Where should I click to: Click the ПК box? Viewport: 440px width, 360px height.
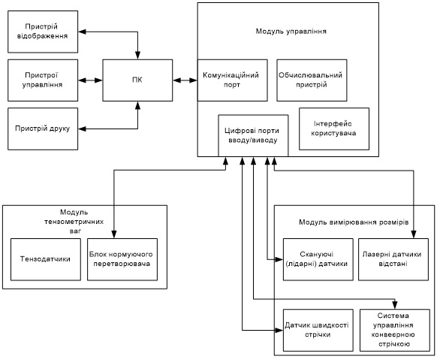(137, 80)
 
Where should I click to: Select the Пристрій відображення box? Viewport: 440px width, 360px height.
(43, 32)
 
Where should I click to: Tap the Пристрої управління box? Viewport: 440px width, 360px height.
(43, 80)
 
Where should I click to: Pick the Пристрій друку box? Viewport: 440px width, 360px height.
(43, 129)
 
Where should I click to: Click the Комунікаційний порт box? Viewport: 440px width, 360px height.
(232, 80)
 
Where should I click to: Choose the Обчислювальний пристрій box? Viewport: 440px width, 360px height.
(312, 80)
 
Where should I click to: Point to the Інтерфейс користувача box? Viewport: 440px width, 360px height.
(334, 129)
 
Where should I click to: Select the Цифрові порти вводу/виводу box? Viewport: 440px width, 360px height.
(253, 135)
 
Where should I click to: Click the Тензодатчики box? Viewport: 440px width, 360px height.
(46, 259)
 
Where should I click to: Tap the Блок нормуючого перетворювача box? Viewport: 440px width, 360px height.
(122, 259)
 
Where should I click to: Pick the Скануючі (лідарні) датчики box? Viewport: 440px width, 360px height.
(318, 259)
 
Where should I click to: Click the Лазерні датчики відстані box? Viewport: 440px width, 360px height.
(393, 259)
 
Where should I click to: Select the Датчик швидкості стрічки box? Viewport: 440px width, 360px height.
(318, 330)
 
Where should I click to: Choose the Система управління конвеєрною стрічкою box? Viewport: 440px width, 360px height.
(395, 330)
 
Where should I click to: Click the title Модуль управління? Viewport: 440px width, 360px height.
(291, 31)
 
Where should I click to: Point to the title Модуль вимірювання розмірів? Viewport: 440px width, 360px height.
(354, 222)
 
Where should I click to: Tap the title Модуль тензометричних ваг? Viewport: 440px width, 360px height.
(74, 222)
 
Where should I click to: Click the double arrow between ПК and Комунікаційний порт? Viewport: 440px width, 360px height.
(185, 80)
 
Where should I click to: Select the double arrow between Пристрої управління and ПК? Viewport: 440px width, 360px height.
(90, 80)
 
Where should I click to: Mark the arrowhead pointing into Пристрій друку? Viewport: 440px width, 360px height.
(82, 129)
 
